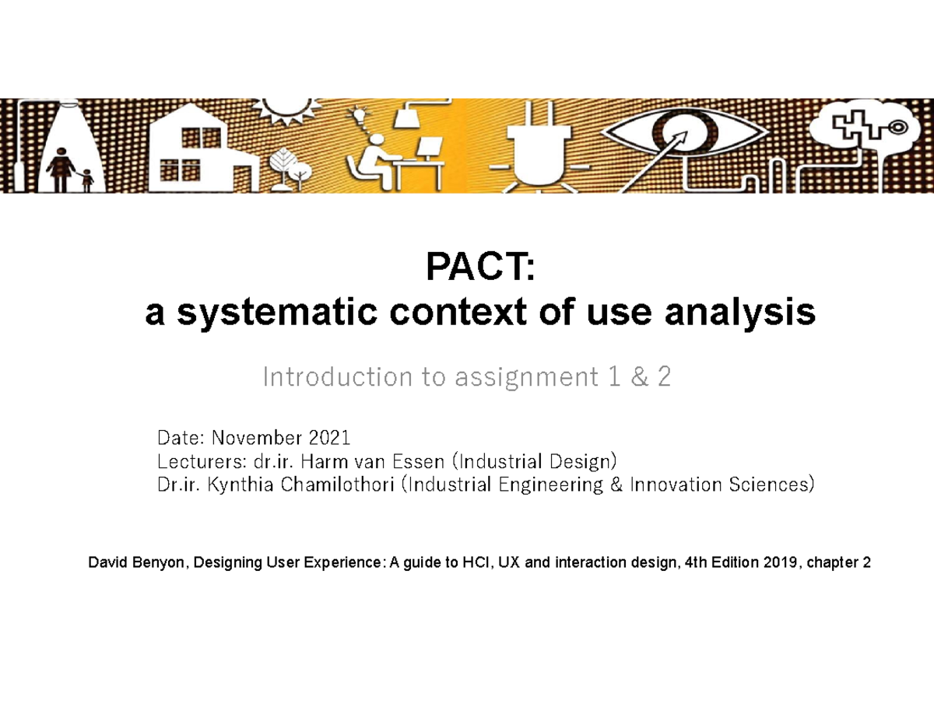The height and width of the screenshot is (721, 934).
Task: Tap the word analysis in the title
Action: coord(745,313)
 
